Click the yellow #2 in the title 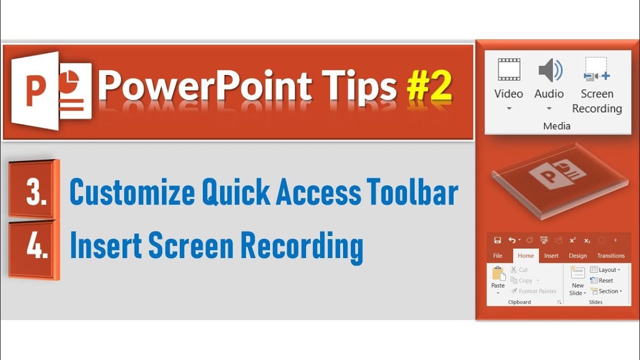[429, 86]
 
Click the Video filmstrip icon [508, 69]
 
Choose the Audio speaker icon [549, 70]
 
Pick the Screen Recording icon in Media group [596, 69]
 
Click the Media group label [556, 126]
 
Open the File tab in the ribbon [497, 255]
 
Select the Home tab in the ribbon [525, 255]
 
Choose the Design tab [577, 255]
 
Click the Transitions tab [610, 255]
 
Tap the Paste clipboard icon [498, 273]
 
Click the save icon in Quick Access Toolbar [497, 240]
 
